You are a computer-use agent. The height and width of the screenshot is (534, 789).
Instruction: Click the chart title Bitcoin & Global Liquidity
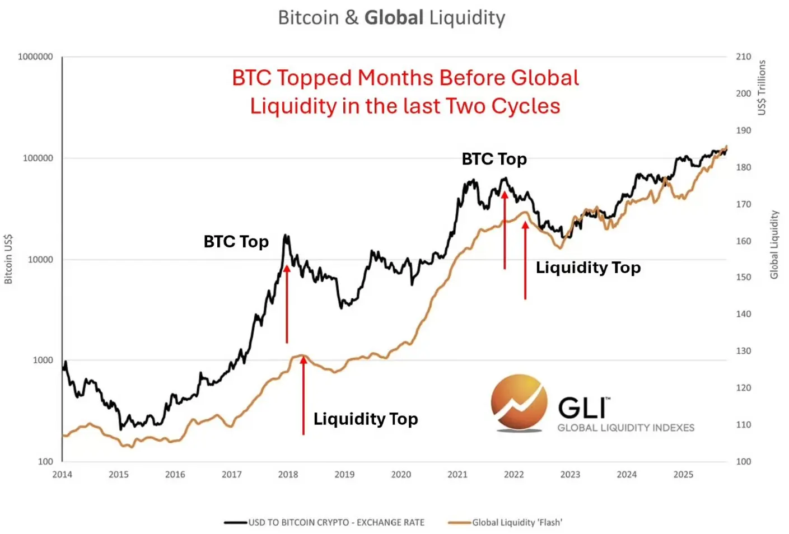pyautogui.click(x=391, y=18)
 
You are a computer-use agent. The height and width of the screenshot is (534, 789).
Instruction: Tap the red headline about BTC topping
pyautogui.click(x=405, y=92)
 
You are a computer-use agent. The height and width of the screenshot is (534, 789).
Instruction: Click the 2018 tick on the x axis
pyautogui.click(x=288, y=475)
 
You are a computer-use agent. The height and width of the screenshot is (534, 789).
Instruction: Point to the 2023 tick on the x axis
pyautogui.click(x=570, y=475)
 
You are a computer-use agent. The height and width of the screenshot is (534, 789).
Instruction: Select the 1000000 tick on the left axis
pyautogui.click(x=35, y=57)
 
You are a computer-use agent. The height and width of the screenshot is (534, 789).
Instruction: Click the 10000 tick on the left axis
pyautogui.click(x=40, y=259)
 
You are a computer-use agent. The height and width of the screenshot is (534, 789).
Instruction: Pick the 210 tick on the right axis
pyautogui.click(x=743, y=57)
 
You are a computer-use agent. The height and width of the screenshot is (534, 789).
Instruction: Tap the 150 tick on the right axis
pyautogui.click(x=743, y=277)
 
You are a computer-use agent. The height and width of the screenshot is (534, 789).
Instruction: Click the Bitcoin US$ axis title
pyautogui.click(x=8, y=259)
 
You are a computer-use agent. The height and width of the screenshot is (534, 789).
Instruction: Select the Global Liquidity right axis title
pyautogui.click(x=774, y=245)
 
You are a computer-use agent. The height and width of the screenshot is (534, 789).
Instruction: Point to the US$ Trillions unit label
pyautogui.click(x=762, y=88)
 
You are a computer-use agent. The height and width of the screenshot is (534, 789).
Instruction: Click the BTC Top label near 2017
pyautogui.click(x=236, y=242)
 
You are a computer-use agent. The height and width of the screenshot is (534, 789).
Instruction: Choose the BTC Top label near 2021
pyautogui.click(x=494, y=159)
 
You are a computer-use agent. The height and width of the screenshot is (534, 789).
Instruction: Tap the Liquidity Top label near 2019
pyautogui.click(x=365, y=419)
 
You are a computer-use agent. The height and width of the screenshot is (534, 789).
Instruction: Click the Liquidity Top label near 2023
pyautogui.click(x=588, y=268)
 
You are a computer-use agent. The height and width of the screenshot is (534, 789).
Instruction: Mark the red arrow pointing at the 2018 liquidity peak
pyautogui.click(x=304, y=395)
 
